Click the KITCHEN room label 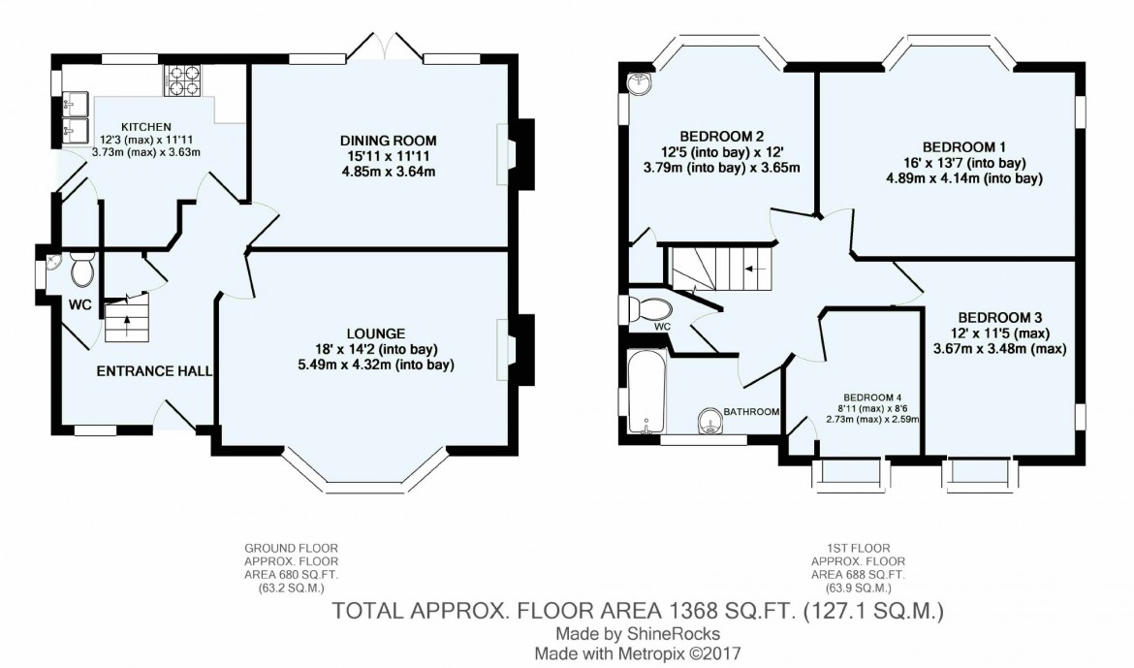click(x=146, y=127)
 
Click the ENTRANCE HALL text click(x=154, y=370)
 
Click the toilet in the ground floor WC click(x=82, y=270)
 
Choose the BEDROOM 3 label click(x=999, y=317)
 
